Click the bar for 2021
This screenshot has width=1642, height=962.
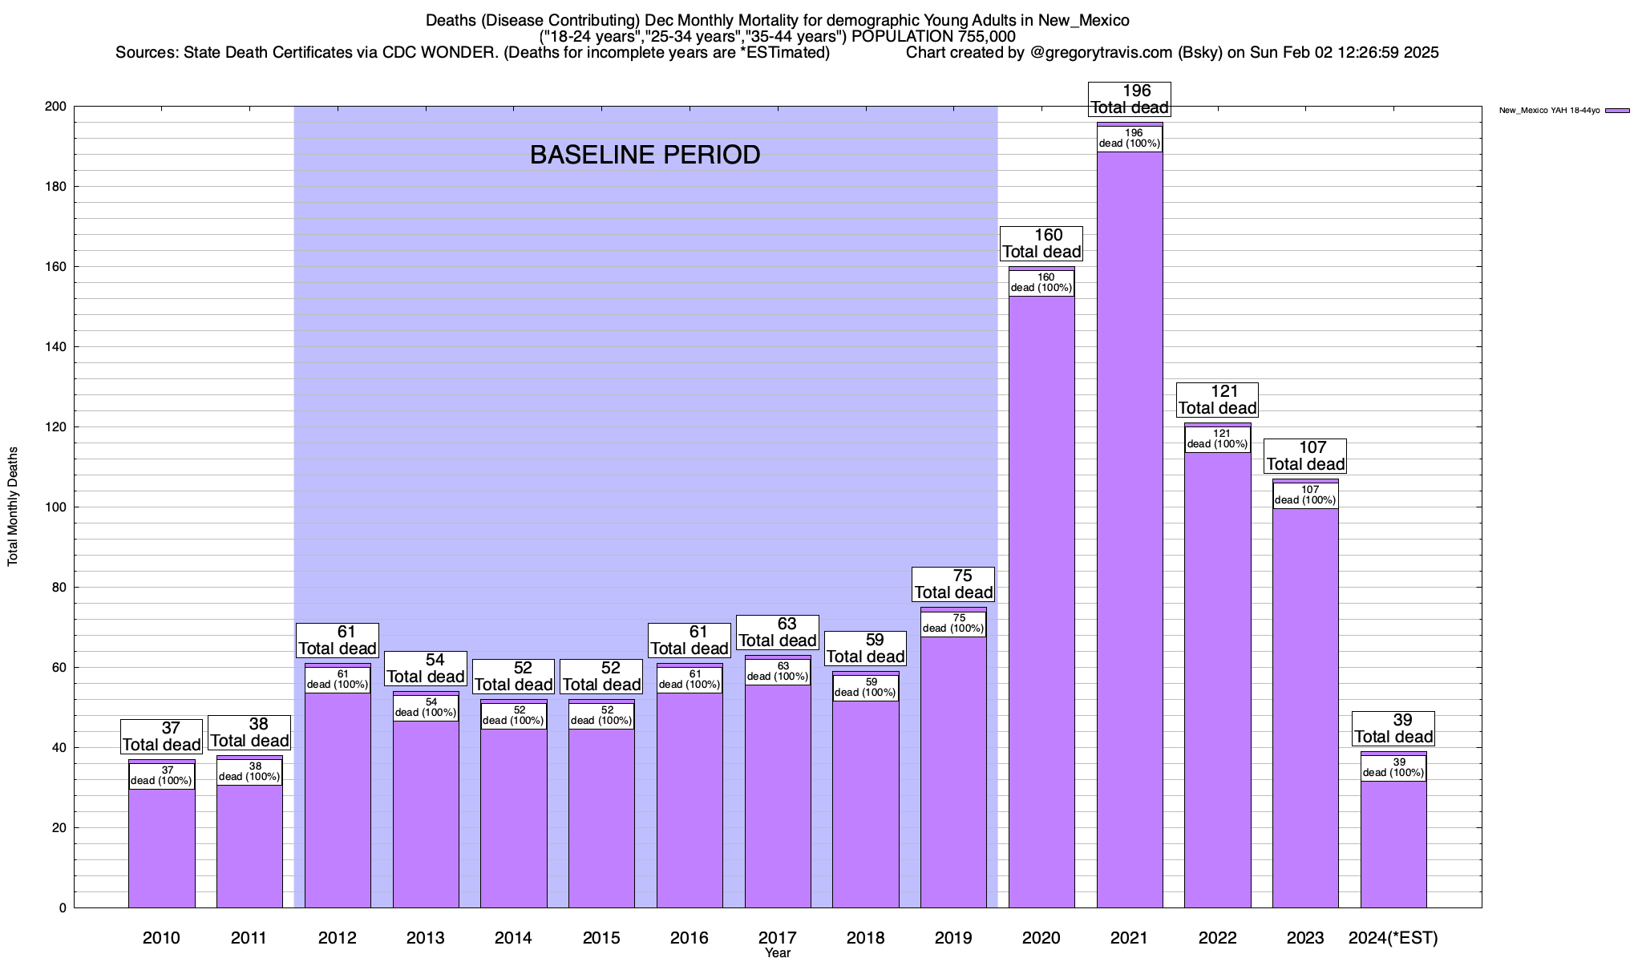[x=1130, y=529]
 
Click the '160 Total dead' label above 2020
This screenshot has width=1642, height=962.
[x=1041, y=243]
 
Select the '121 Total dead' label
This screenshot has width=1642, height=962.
[x=1217, y=399]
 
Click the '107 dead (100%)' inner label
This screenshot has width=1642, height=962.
[x=1305, y=495]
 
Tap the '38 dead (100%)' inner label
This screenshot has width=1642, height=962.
[x=249, y=771]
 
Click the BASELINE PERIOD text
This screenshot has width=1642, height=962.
[x=645, y=155]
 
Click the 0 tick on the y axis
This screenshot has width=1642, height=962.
[x=62, y=908]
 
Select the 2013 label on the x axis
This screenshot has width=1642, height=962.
[x=425, y=938]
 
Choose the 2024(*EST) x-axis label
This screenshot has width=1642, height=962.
[x=1393, y=938]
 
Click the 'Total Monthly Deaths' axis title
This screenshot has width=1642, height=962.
[x=13, y=507]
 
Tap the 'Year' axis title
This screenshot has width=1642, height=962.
[x=777, y=953]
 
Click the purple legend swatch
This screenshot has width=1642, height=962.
[x=1617, y=111]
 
